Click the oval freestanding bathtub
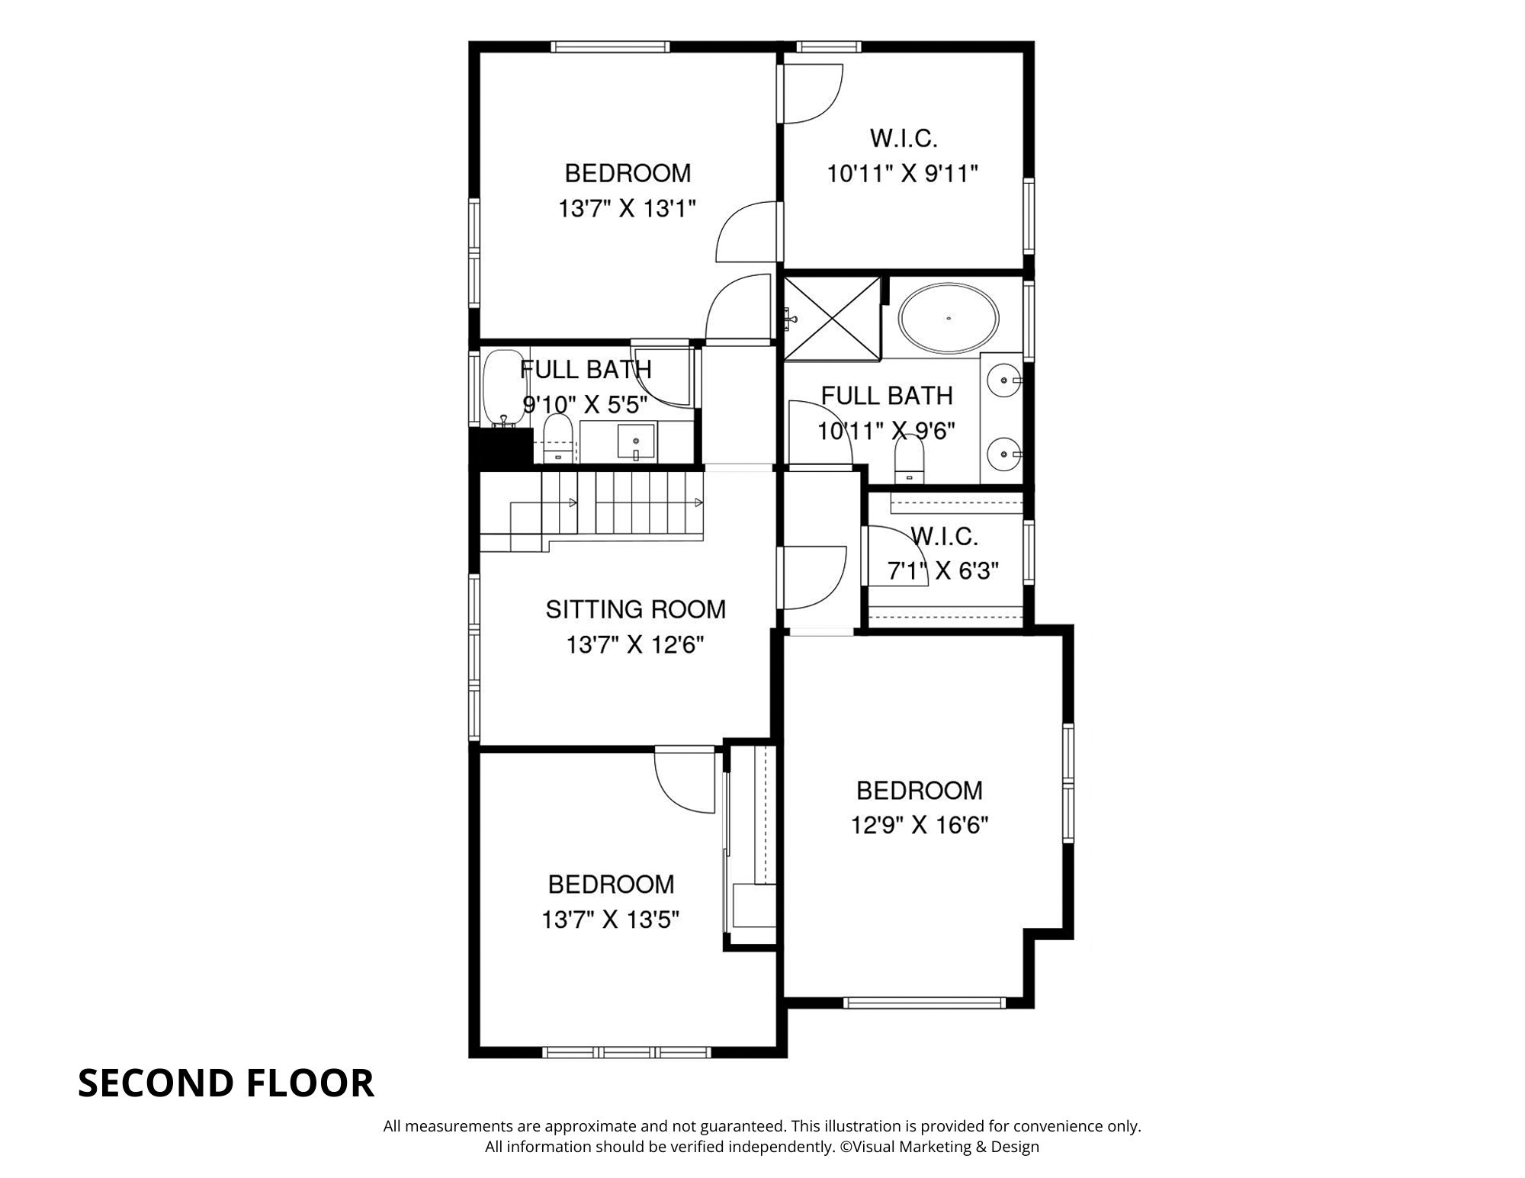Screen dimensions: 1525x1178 point(949,318)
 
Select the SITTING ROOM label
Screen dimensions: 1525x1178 point(635,609)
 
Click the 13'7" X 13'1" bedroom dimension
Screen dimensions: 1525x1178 point(628,208)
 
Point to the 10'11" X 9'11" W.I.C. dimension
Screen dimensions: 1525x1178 point(902,174)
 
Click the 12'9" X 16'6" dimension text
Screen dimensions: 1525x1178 point(920,825)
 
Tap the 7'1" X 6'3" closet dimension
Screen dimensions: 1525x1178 point(944,570)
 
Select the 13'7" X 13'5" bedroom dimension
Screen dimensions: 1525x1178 point(610,920)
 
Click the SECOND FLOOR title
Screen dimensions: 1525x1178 point(226,1083)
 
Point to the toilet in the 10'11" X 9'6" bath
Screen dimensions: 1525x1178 point(908,461)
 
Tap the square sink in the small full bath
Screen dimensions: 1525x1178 point(636,442)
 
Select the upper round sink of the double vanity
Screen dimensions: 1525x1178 point(1004,378)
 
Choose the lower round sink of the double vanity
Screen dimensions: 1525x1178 point(1004,454)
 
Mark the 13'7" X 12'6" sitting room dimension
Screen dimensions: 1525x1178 point(634,645)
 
